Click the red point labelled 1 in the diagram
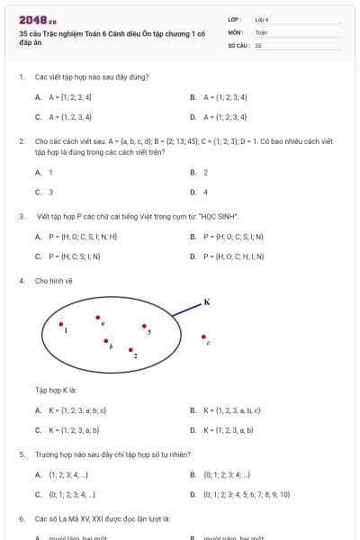click(61, 324)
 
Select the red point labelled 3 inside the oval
click(143, 326)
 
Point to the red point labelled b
click(106, 341)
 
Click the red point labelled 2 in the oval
click(130, 349)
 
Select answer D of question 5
click(238, 494)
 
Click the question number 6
click(21, 519)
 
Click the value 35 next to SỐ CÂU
click(258, 44)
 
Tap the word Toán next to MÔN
click(261, 31)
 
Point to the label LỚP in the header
click(235, 19)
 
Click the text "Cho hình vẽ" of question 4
click(54, 281)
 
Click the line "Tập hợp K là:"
click(56, 391)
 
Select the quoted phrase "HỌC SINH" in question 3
click(218, 217)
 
